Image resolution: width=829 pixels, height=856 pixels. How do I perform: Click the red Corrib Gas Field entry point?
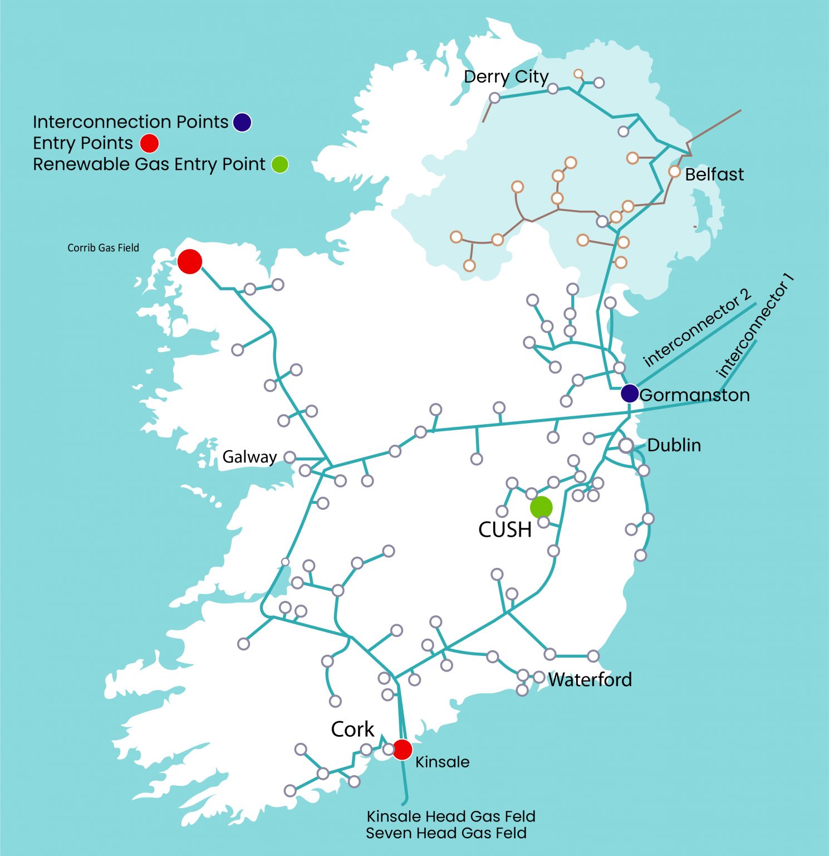(189, 261)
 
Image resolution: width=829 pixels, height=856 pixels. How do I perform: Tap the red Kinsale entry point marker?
(402, 750)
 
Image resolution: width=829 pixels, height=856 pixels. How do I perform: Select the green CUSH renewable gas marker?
(541, 507)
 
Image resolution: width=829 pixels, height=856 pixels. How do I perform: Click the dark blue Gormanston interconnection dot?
(630, 393)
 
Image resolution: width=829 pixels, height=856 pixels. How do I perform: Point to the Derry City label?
(506, 77)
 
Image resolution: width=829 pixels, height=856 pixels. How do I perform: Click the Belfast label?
(714, 174)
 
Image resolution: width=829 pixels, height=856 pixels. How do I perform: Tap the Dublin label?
(674, 445)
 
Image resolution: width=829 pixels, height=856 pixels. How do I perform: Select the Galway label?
(249, 457)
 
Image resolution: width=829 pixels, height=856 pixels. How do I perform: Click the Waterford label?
(590, 680)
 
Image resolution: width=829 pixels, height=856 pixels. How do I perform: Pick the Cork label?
(352, 729)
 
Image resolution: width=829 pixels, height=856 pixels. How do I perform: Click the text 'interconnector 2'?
(697, 328)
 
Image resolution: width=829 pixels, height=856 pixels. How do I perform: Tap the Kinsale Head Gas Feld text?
(450, 816)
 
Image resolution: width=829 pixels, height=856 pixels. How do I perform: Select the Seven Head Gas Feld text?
(446, 833)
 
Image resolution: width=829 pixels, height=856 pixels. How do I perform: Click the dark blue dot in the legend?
(242, 122)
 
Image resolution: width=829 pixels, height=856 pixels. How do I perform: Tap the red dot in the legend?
(149, 143)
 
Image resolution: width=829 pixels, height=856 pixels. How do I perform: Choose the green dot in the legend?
(280, 164)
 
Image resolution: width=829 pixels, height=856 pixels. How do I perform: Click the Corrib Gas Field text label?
(103, 248)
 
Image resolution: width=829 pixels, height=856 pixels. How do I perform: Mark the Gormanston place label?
(695, 395)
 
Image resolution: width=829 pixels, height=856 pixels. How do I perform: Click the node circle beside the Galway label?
(290, 457)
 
